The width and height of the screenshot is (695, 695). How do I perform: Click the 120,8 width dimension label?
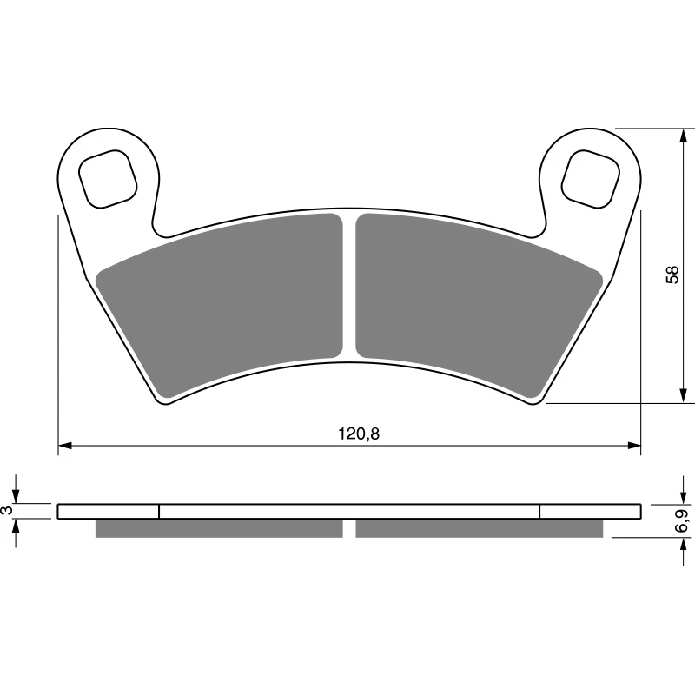click(359, 434)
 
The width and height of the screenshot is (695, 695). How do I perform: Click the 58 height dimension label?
click(672, 275)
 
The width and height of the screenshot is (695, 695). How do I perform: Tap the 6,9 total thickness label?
click(682, 520)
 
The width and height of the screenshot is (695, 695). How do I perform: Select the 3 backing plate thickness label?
click(7, 510)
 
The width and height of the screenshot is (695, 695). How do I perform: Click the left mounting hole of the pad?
click(108, 179)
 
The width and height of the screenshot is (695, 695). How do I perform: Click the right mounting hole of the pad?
click(591, 179)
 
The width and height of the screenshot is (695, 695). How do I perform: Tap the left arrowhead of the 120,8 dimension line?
click(64, 446)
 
